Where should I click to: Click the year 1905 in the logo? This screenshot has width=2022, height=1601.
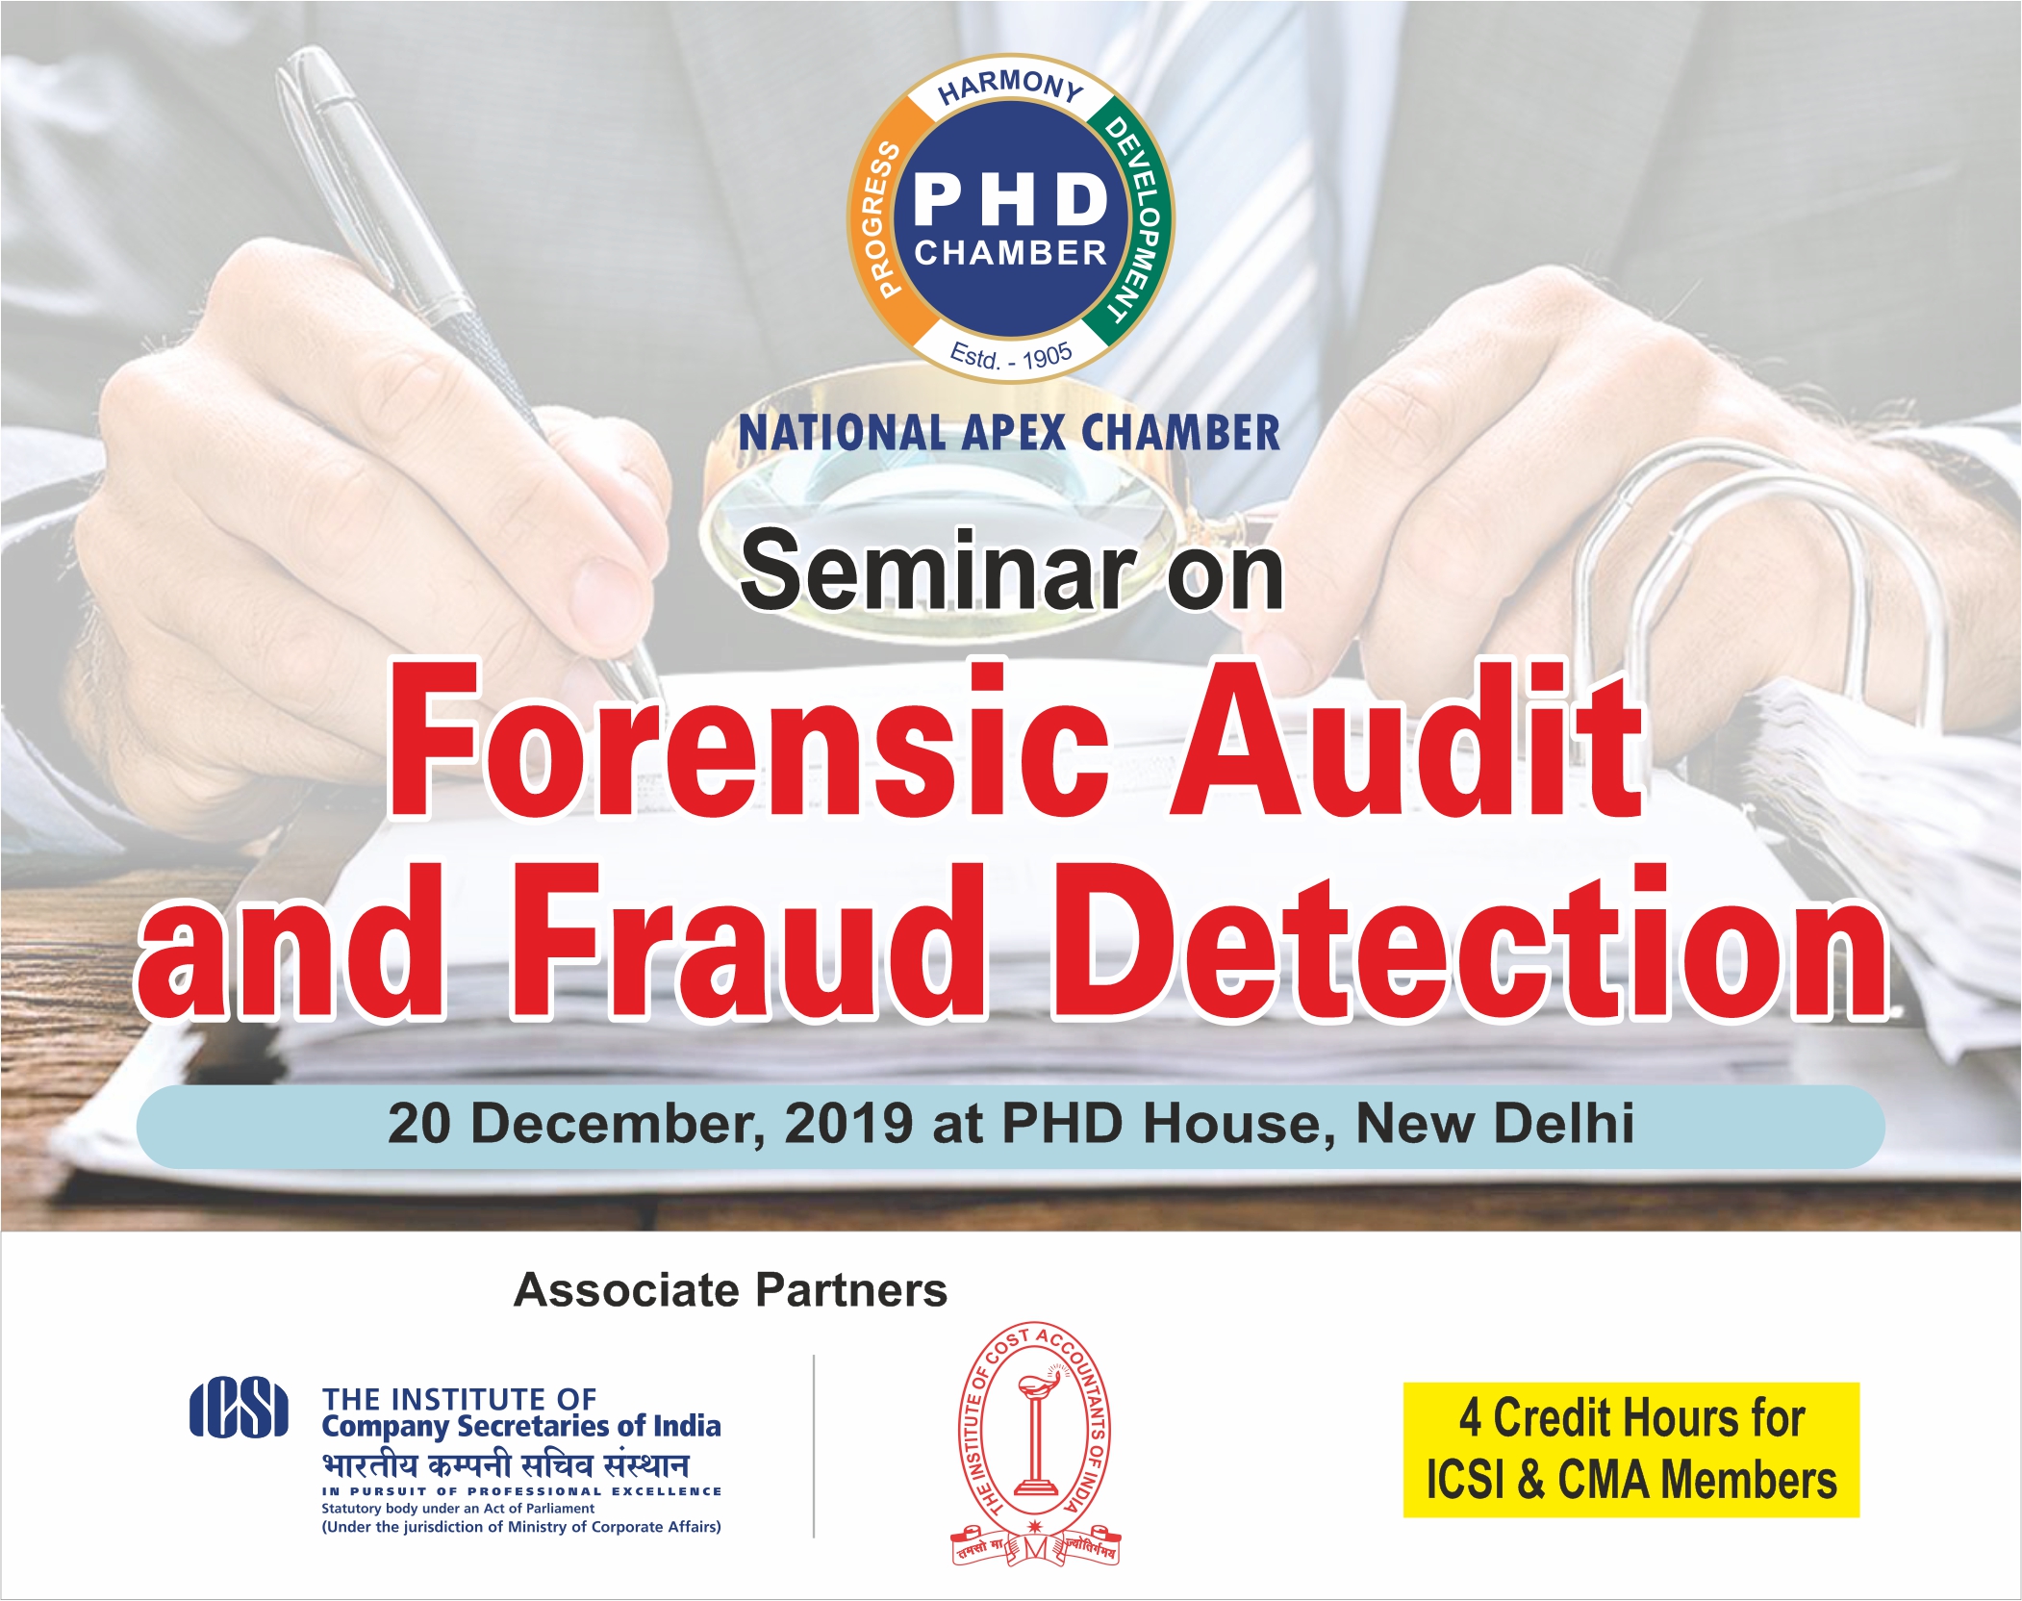click(1047, 358)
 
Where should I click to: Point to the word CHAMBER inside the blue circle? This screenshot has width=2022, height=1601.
click(1010, 253)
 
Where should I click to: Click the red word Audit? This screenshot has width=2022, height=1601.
click(1408, 741)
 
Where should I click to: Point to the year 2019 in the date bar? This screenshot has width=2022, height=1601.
click(848, 1123)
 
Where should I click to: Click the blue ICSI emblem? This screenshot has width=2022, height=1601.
click(239, 1410)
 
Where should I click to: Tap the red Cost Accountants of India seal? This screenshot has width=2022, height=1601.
click(1034, 1443)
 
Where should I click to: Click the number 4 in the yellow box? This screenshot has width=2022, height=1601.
click(1469, 1418)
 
